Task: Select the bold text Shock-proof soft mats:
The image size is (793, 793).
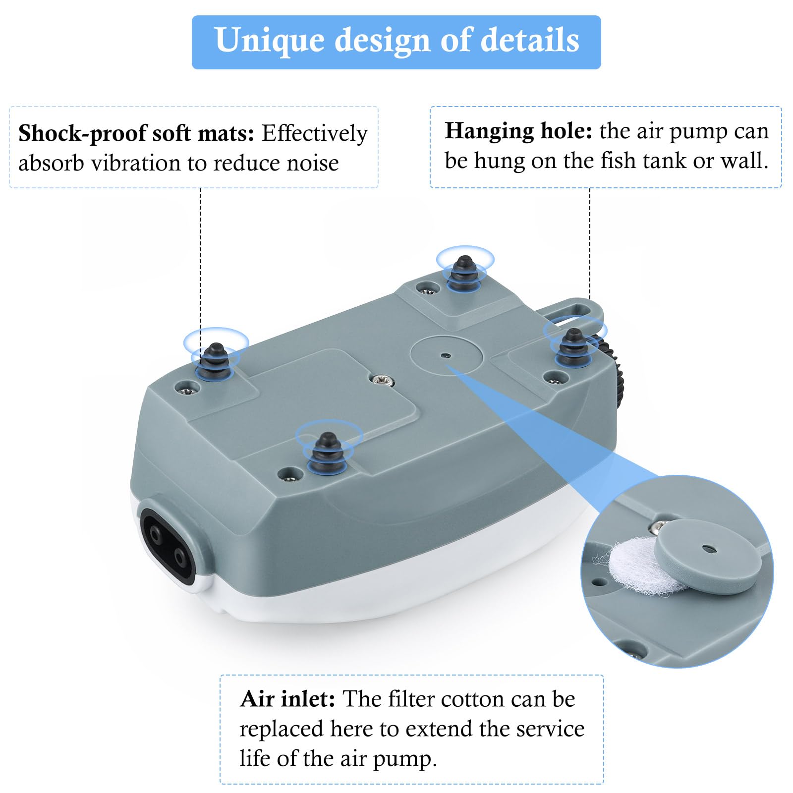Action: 136,133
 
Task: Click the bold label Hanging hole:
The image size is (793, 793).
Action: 518,131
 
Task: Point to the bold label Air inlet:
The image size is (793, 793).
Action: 287,699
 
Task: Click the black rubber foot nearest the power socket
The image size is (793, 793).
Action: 327,452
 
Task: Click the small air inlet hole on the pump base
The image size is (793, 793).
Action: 446,355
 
